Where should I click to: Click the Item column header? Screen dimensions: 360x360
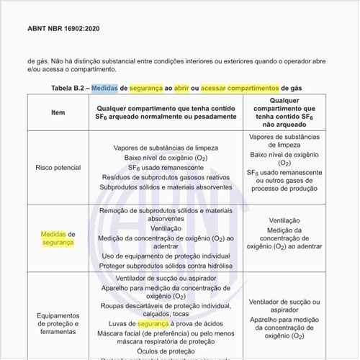(x=58, y=112)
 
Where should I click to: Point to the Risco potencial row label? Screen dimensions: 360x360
(x=58, y=167)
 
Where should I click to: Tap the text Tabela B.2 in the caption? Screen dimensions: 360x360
(x=68, y=88)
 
